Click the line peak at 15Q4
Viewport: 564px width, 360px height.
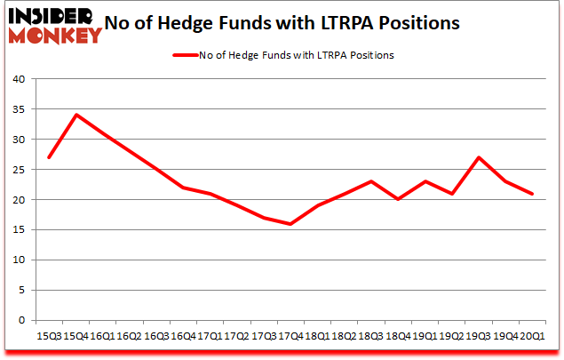pyautogui.click(x=78, y=115)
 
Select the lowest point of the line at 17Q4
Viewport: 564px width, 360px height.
pyautogui.click(x=290, y=224)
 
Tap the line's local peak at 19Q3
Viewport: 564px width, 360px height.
pyautogui.click(x=479, y=157)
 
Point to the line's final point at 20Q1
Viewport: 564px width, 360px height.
pyautogui.click(x=533, y=194)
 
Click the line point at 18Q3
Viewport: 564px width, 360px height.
pyautogui.click(x=370, y=181)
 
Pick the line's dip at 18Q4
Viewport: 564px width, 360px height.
pyautogui.click(x=398, y=200)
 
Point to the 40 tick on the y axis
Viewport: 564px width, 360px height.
pyautogui.click(x=19, y=79)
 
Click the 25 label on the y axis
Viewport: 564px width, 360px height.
pyautogui.click(x=19, y=170)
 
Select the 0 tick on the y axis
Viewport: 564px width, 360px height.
pyautogui.click(x=22, y=321)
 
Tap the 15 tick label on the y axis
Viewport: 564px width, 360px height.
pyautogui.click(x=19, y=230)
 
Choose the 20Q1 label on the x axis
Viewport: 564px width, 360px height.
pyautogui.click(x=533, y=337)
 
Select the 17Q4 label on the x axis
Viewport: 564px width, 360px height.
pyautogui.click(x=290, y=337)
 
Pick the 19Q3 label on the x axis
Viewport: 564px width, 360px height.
pyautogui.click(x=479, y=337)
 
